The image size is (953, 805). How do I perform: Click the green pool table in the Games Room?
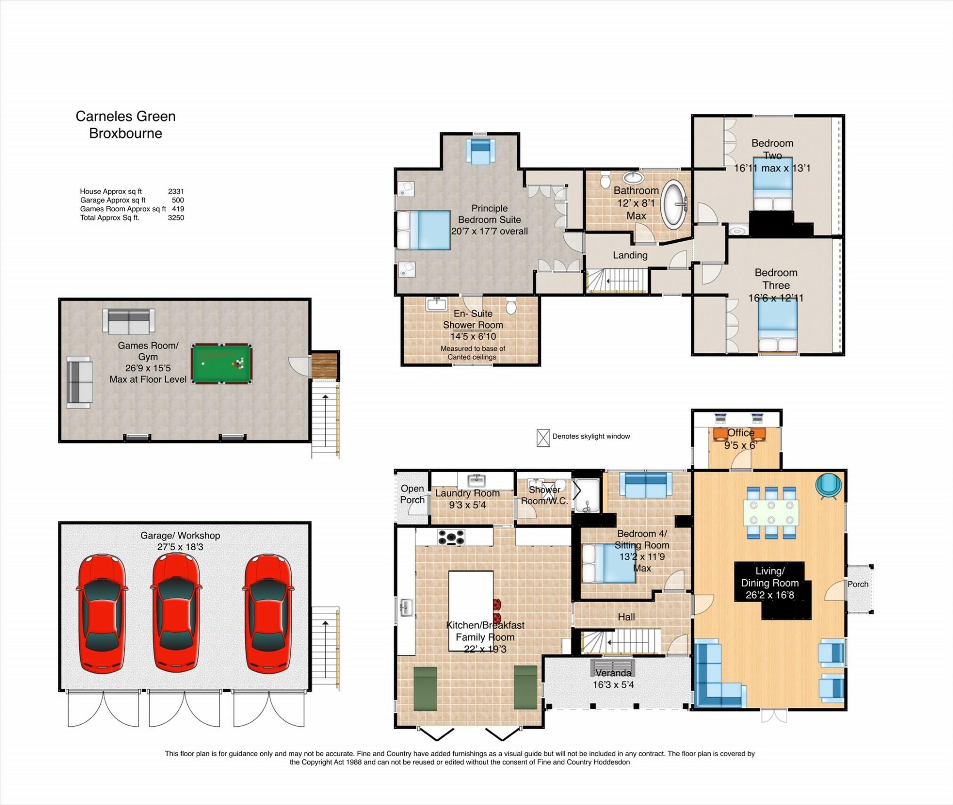[221, 363]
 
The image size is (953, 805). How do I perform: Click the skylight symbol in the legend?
[543, 437]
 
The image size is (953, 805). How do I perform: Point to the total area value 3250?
[176, 217]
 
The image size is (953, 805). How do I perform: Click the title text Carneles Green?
[126, 116]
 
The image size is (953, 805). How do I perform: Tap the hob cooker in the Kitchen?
[451, 537]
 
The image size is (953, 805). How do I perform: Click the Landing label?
[630, 255]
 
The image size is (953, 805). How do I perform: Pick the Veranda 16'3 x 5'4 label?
[613, 679]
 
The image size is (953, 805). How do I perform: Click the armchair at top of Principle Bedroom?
[480, 151]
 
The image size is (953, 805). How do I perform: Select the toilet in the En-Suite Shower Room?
[511, 306]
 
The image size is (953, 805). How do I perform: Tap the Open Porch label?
[412, 494]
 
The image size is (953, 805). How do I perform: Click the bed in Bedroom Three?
[777, 325]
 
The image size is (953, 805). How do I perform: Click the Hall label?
[626, 617]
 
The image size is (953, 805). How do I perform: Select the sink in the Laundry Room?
[477, 480]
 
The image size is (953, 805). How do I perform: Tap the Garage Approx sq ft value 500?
[177, 200]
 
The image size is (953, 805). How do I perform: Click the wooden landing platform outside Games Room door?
[325, 365]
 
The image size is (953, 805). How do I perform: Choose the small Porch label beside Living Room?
[857, 584]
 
